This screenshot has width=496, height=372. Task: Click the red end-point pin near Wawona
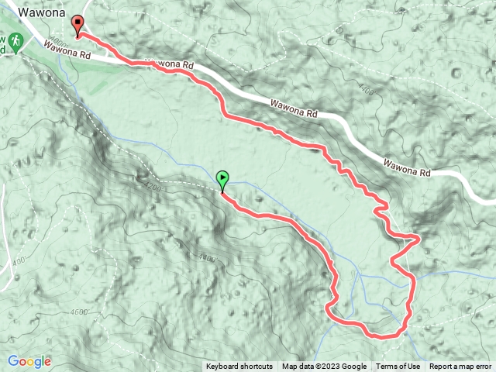pos(77,25)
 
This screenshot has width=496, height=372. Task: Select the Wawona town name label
pos(44,12)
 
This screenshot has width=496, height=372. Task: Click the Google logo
pos(29,361)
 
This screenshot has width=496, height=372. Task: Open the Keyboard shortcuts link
pos(239,367)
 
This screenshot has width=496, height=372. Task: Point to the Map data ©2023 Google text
pos(324,367)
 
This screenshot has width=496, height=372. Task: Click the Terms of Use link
pos(398,367)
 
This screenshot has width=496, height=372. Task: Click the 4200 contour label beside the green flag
pos(156,187)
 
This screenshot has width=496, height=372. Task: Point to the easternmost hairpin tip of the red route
pos(418,238)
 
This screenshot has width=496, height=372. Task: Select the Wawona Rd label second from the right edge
pos(294,108)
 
